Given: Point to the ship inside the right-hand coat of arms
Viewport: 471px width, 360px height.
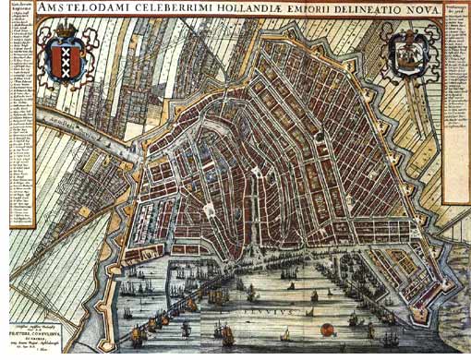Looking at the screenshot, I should coord(406,54).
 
